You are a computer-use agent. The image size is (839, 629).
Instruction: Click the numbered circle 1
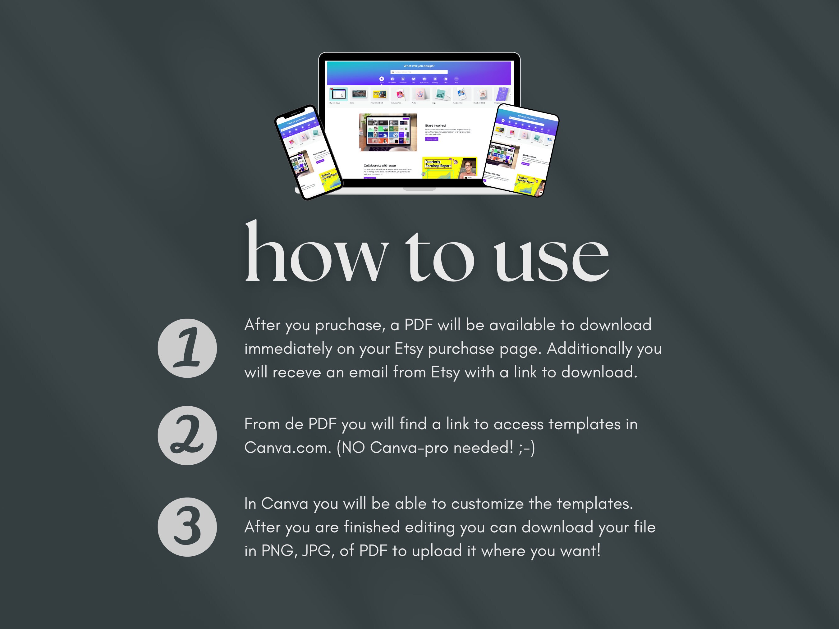coord(187,348)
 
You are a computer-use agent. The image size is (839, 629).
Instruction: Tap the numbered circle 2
coord(187,435)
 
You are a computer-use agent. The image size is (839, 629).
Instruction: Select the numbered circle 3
coord(187,527)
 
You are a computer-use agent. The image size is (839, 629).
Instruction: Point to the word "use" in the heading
coord(552,258)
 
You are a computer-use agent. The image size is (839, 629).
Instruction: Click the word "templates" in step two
coord(585,424)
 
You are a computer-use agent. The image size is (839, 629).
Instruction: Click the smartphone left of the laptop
coord(308,152)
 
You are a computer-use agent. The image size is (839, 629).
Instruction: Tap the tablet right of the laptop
coord(521,150)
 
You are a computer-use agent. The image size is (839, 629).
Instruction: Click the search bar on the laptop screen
coord(419,72)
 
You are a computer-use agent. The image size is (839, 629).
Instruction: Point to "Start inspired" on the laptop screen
coord(435,125)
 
